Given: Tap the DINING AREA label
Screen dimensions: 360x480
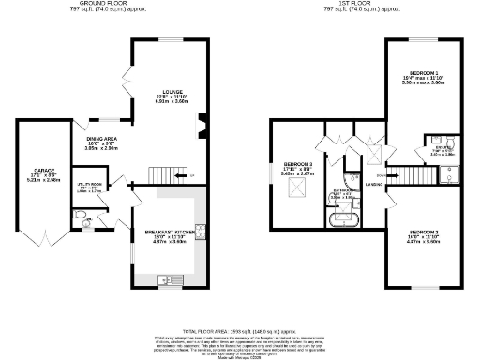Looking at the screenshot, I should click(x=100, y=138).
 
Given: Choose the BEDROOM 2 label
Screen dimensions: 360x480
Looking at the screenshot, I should click(x=423, y=231).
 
